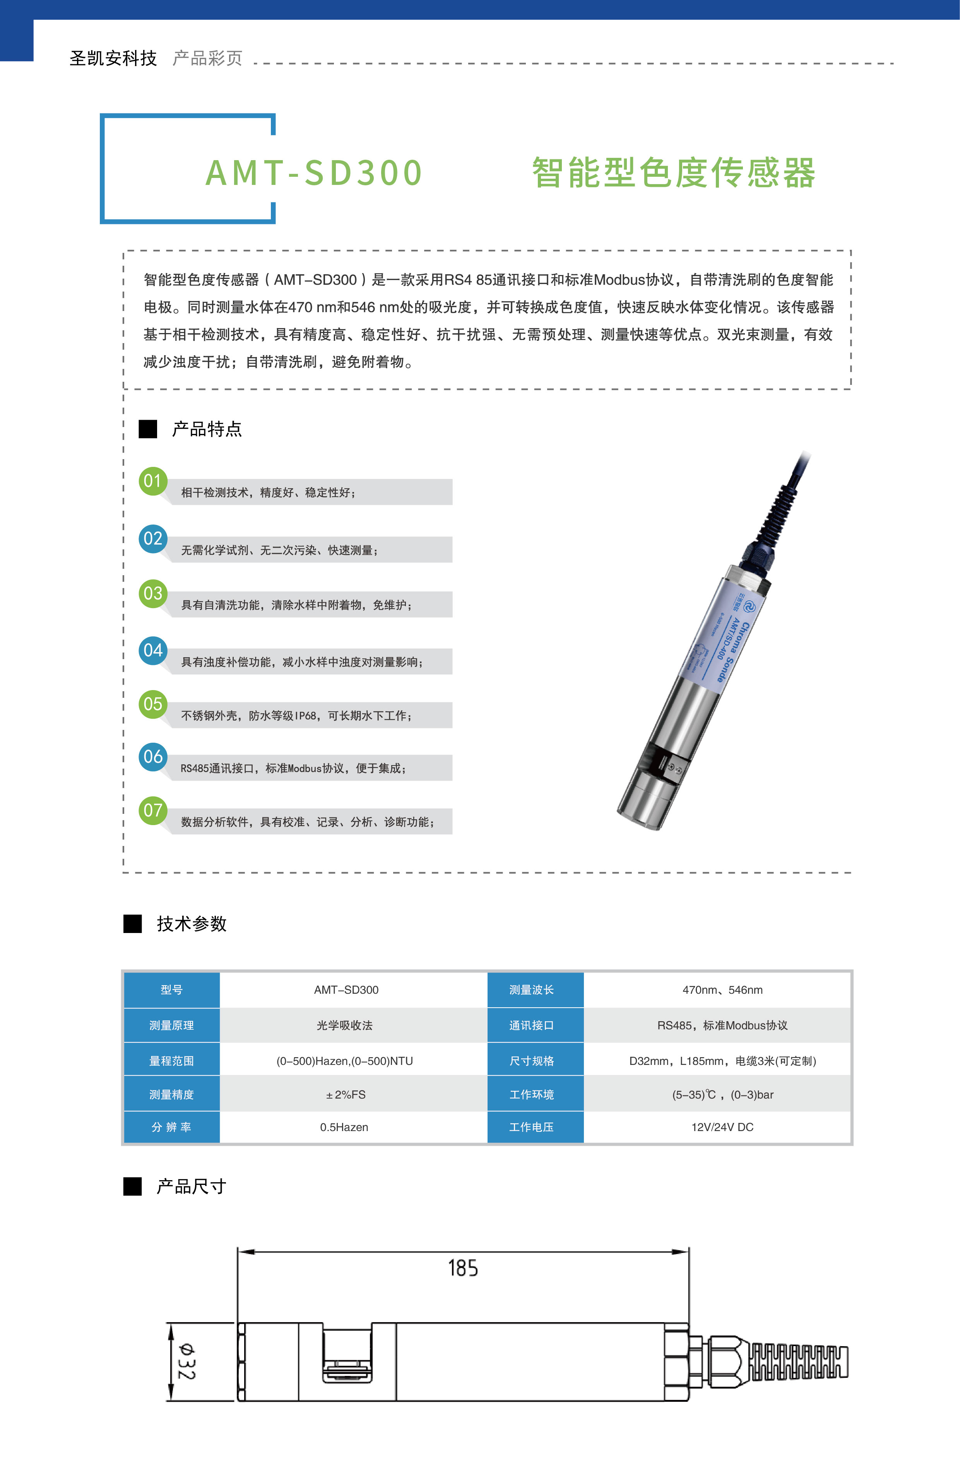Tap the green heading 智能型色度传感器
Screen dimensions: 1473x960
673,172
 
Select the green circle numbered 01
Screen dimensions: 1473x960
153,481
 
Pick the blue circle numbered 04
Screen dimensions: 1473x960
153,651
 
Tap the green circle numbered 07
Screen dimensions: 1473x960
153,810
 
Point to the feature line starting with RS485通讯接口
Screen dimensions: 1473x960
293,768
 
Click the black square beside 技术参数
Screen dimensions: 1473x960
132,923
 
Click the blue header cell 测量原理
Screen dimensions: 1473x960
171,1025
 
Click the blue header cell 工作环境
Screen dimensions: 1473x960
531,1095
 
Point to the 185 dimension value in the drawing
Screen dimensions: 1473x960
463,1268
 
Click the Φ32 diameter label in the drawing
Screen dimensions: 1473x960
186,1361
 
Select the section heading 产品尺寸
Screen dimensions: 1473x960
191,1186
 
